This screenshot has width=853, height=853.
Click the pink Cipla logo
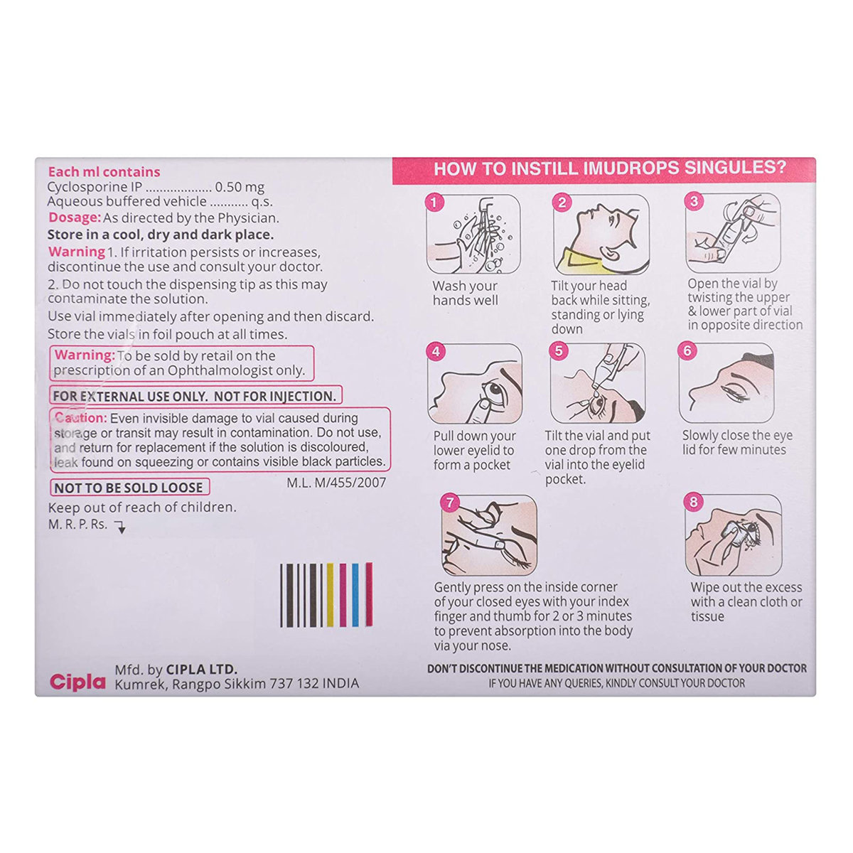click(77, 682)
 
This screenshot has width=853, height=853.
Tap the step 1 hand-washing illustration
click(473, 235)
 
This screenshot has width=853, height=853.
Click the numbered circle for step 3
click(694, 201)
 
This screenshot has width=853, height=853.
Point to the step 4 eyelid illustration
click(475, 384)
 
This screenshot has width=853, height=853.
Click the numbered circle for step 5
click(559, 350)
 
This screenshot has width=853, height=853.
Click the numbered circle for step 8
click(694, 503)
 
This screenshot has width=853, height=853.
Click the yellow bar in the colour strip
click(331, 595)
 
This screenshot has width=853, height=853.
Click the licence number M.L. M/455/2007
click(336, 483)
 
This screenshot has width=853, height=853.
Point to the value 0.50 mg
click(240, 188)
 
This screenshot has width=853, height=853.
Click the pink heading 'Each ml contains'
click(104, 171)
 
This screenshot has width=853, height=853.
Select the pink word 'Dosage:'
click(74, 218)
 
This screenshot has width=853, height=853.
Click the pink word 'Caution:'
click(80, 418)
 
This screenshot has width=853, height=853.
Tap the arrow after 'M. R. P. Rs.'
click(120, 527)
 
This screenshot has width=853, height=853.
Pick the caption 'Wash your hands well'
click(465, 293)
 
